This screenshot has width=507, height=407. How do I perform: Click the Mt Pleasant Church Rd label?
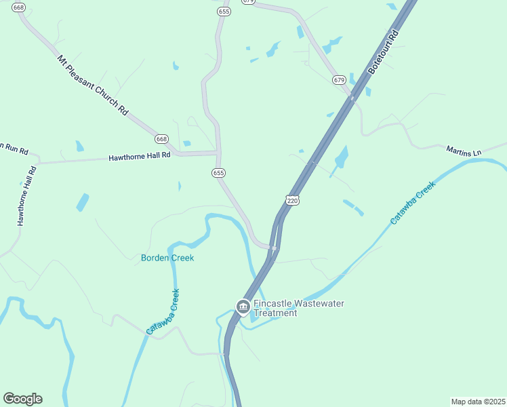pos(93,85)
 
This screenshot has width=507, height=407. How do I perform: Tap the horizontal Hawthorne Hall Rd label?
pos(140,157)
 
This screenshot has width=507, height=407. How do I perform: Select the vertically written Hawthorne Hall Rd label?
pos(26,195)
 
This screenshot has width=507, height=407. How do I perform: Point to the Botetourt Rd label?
pos(384,51)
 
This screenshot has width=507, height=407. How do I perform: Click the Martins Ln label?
pos(463,151)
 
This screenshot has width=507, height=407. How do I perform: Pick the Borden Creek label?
pos(167,258)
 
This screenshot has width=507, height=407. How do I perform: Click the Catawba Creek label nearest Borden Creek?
pos(163,311)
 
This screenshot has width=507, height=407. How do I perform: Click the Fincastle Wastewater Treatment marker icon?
pos(243,307)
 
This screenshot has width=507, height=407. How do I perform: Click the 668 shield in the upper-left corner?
pos(18,7)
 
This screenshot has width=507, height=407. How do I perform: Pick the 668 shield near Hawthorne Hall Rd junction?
pos(161,138)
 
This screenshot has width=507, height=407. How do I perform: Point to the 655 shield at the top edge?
pos(224,12)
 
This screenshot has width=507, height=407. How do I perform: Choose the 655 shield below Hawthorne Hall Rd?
pos(218,173)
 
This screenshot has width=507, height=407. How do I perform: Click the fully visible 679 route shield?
pos(339,80)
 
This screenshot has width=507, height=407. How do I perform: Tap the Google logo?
pos(22,399)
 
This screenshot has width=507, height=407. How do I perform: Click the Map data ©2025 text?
pos(478,402)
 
